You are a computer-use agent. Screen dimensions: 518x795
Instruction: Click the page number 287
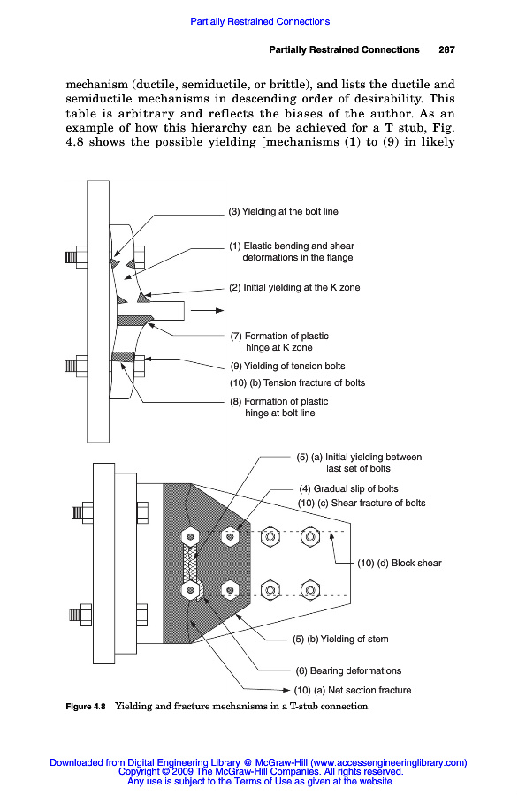446,49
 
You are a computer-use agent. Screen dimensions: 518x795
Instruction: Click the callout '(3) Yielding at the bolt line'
283,211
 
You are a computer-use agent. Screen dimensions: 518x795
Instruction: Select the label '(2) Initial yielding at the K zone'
294,287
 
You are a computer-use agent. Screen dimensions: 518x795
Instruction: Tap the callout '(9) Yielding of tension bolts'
287,366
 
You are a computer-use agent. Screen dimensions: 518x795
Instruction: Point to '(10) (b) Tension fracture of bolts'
297,382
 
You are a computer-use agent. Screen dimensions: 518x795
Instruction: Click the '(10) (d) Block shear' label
400,563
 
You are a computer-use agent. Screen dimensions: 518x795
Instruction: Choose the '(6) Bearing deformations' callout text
348,670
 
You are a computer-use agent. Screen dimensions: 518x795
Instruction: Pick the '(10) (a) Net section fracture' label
353,690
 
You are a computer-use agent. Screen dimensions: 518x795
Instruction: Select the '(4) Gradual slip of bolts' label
348,488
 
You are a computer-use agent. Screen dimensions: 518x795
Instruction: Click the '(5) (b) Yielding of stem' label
340,639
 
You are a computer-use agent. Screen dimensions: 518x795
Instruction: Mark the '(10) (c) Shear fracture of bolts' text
362,503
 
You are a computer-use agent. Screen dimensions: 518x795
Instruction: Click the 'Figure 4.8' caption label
86,707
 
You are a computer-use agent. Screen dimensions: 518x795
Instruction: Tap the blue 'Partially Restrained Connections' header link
260,21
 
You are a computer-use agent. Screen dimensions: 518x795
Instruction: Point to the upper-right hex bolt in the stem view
310,536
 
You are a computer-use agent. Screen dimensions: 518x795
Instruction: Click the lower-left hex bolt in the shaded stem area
190,590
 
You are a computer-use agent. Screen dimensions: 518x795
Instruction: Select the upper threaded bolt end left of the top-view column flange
76,257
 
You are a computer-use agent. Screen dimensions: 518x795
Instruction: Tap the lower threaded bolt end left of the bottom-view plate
80,615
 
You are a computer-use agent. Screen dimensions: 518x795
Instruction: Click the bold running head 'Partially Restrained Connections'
344,49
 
